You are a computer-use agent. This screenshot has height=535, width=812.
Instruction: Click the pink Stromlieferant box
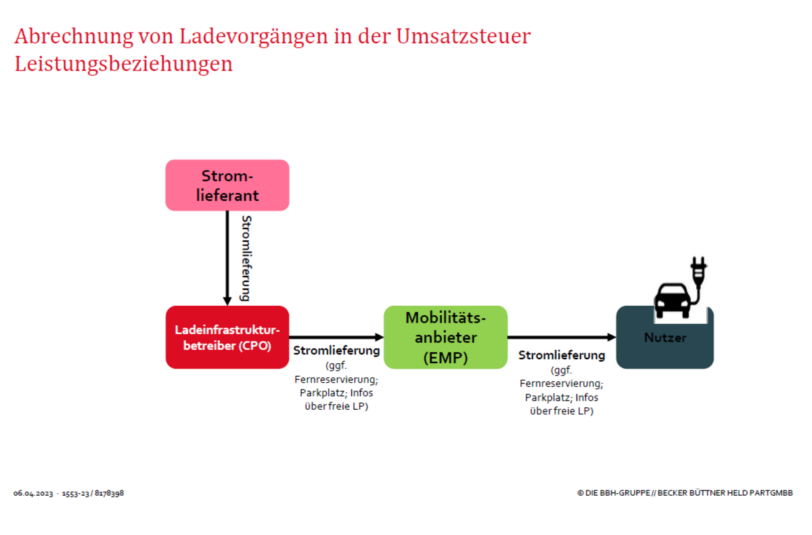click(x=227, y=185)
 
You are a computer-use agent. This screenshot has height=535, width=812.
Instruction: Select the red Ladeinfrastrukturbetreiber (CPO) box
click(x=227, y=338)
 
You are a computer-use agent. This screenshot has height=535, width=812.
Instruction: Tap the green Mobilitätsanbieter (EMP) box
click(x=445, y=338)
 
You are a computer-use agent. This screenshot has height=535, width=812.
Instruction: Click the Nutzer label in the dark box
click(x=665, y=338)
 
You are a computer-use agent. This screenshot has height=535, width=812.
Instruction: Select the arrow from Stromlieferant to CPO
click(x=227, y=258)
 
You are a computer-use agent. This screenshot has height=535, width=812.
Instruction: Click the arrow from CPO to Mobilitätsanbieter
click(x=336, y=338)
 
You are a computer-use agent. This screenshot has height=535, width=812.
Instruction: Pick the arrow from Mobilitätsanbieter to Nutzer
click(x=562, y=338)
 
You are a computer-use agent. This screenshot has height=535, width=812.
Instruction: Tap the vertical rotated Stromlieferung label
click(x=246, y=258)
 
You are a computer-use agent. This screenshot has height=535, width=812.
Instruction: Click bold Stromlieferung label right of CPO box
click(x=336, y=350)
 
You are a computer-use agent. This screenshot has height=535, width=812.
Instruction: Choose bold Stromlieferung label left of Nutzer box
click(x=562, y=355)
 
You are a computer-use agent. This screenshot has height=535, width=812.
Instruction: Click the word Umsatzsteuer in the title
click(x=464, y=37)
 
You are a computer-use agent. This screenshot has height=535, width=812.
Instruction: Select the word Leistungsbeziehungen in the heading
click(x=123, y=64)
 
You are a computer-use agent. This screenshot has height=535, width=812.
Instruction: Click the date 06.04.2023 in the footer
click(x=33, y=493)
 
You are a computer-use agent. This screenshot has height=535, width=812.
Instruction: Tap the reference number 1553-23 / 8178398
click(x=93, y=493)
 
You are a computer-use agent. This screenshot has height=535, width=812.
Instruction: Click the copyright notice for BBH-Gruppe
click(x=685, y=493)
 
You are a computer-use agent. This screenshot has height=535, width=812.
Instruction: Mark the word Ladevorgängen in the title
click(x=254, y=37)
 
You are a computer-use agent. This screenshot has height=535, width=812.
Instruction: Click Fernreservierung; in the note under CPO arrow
click(x=336, y=379)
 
